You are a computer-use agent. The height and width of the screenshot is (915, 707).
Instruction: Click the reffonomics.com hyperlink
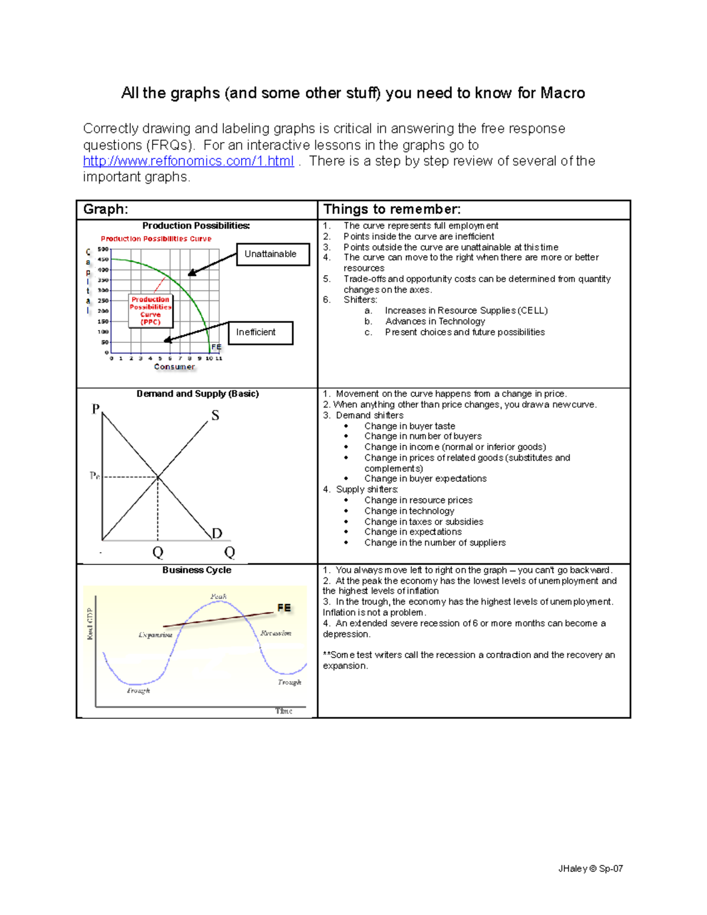click(x=188, y=161)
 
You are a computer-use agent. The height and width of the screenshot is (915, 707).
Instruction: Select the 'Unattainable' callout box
click(x=273, y=254)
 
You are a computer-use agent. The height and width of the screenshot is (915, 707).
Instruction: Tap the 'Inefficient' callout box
click(x=260, y=332)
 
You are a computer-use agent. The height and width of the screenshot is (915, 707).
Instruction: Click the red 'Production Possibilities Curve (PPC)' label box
click(x=150, y=310)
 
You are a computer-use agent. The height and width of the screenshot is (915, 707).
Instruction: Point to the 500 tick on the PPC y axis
click(x=103, y=249)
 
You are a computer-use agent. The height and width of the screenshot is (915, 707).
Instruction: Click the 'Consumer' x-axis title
click(x=174, y=366)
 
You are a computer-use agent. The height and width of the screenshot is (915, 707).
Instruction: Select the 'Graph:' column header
click(x=106, y=209)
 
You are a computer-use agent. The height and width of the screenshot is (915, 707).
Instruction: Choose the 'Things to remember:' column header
click(x=392, y=209)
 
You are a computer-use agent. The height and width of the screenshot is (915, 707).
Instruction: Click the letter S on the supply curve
click(x=215, y=415)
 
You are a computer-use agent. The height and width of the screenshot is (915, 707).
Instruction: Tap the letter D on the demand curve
click(x=217, y=533)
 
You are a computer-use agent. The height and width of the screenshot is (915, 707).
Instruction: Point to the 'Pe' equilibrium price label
click(x=94, y=475)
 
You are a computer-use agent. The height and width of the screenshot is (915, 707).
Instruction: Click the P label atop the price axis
click(x=95, y=409)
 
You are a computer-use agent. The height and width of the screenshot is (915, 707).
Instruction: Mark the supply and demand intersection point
click(x=157, y=477)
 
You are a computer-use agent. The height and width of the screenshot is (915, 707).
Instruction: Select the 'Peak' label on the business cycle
click(x=219, y=596)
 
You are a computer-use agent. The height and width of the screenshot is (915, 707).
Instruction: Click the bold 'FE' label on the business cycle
click(x=284, y=607)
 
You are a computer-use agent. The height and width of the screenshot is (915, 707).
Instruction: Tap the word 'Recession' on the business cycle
click(x=276, y=633)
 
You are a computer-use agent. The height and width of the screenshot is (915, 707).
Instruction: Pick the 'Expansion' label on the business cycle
click(x=156, y=635)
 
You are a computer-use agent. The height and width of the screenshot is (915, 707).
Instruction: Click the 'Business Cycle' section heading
click(x=197, y=570)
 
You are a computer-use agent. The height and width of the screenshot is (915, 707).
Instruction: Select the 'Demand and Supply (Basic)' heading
click(x=197, y=394)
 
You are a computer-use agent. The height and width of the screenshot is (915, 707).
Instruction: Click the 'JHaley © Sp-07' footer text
click(x=590, y=868)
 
